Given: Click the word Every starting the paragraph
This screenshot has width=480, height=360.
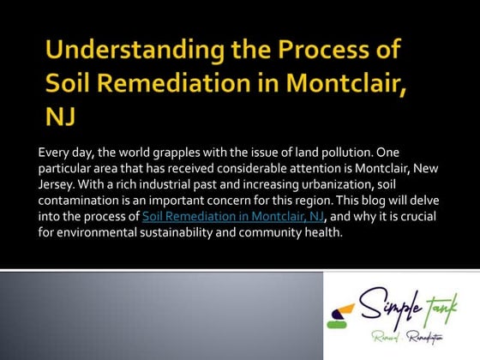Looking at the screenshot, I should tap(54, 153).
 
